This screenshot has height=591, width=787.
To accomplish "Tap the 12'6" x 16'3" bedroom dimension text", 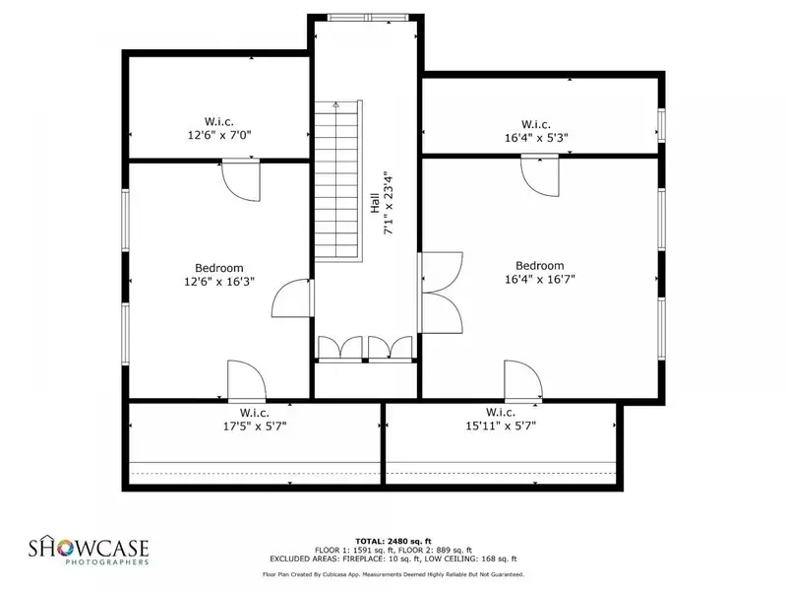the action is tap(219, 282).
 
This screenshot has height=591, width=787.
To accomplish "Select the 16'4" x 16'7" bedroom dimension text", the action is tap(539, 279).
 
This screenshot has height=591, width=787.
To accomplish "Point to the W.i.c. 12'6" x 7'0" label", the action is tap(219, 128).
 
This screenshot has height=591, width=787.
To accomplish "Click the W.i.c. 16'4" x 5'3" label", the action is tap(536, 131).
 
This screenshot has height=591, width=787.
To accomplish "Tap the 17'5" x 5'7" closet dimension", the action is tap(255, 427).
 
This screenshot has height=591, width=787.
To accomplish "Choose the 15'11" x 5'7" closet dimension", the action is tap(501, 427).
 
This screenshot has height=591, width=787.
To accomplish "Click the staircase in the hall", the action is tap(338, 181).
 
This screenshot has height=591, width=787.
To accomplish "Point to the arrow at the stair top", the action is tap(335, 105).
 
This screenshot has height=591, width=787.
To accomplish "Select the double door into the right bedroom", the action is tap(441, 293).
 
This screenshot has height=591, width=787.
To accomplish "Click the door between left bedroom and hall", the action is tap(292, 298).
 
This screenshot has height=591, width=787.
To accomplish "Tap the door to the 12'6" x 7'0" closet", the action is tap(241, 180).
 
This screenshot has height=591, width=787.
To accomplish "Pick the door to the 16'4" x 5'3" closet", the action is tap(539, 175).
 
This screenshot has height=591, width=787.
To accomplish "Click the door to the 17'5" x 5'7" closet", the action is tap(247, 381).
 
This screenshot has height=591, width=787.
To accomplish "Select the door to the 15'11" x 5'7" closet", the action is tap(523, 381).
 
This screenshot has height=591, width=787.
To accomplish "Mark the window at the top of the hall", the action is tap(368, 18).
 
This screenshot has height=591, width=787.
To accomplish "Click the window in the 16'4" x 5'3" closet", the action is tap(661, 124).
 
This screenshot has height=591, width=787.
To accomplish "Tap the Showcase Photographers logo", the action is tap(89, 550).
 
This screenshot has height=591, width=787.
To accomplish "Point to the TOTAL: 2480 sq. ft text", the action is tap(393, 541).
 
